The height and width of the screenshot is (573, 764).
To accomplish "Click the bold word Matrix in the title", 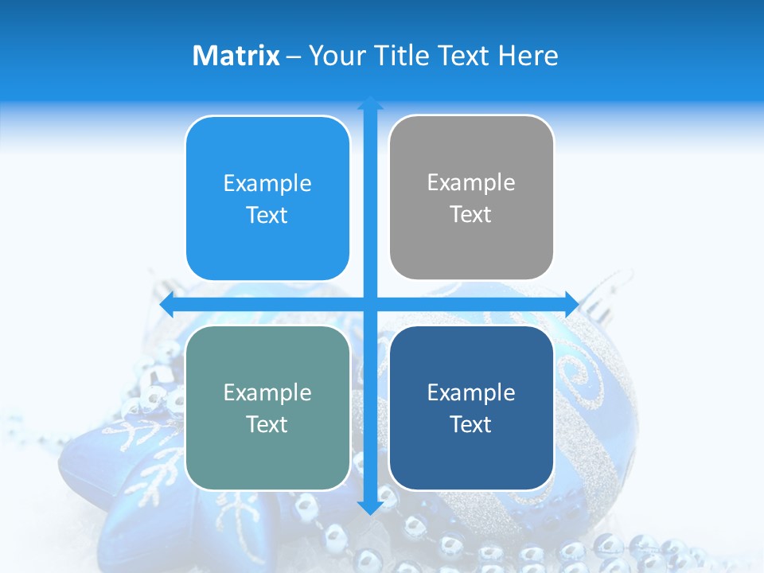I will (x=236, y=56).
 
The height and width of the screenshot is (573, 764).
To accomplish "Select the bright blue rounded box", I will (x=267, y=198).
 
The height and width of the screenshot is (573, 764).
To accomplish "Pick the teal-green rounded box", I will (x=267, y=407).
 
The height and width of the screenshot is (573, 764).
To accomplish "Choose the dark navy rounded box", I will (x=471, y=407).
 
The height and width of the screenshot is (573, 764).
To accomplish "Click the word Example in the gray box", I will (x=471, y=183).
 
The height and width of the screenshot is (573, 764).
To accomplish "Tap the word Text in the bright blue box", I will (x=267, y=216).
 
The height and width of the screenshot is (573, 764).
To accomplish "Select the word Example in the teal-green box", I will (x=267, y=392).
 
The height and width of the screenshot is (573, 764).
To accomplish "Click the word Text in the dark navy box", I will (x=471, y=424).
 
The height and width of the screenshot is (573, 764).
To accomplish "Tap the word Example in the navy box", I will (x=471, y=392).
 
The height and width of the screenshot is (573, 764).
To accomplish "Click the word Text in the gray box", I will (x=471, y=215).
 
